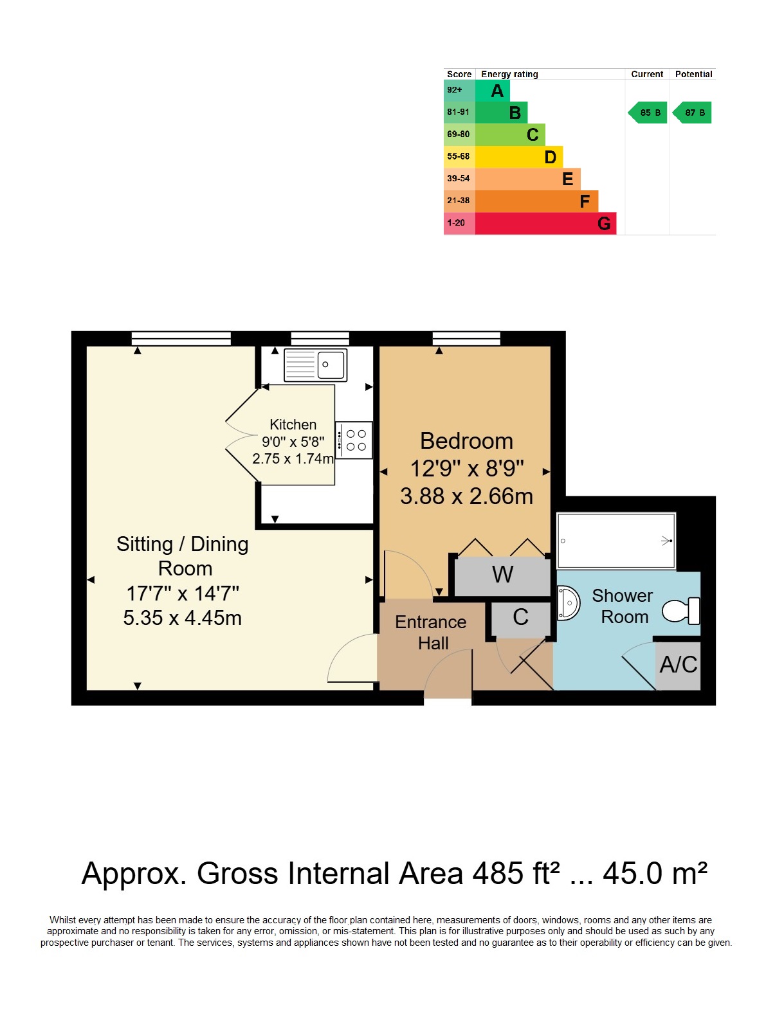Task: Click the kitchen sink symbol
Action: (315, 364)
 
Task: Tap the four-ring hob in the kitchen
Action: (353, 440)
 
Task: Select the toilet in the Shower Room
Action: (680, 610)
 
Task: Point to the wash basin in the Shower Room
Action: (568, 603)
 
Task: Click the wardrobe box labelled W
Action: (502, 576)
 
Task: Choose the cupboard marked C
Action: (520, 620)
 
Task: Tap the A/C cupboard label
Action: (678, 665)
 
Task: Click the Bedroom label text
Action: (466, 441)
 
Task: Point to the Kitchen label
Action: (293, 424)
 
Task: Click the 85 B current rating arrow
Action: (647, 113)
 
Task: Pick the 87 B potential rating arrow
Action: (691, 113)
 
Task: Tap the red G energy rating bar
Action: (545, 224)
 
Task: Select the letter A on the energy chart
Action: (497, 91)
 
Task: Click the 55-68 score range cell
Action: (459, 156)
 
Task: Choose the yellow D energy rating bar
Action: (519, 157)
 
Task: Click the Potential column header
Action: (693, 74)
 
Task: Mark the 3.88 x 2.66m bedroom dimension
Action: (466, 496)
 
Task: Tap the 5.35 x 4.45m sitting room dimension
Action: (182, 618)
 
